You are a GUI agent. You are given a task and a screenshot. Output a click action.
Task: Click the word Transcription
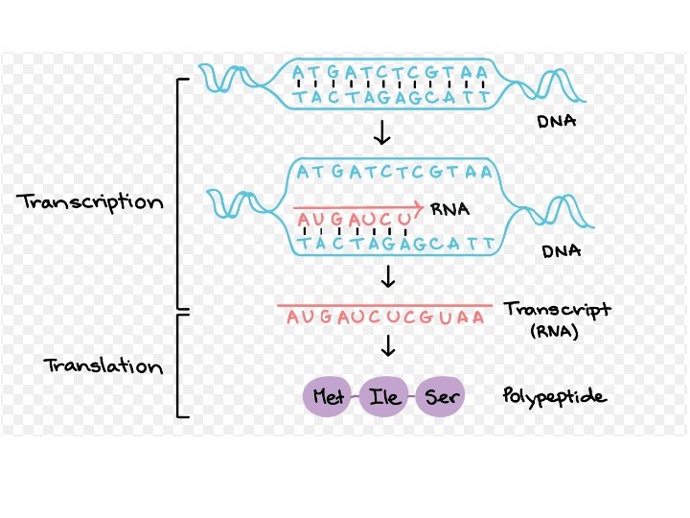coord(90,203)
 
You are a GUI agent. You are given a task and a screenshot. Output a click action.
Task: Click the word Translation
coord(103,366)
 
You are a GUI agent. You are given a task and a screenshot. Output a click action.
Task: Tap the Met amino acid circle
coord(329,397)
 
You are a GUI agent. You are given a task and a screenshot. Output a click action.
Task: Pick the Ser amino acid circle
coord(442,397)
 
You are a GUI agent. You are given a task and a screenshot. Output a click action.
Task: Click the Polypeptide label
coord(554,396)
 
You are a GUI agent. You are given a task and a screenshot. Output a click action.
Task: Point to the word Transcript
coord(557,311)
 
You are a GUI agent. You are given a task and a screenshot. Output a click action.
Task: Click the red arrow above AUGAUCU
coord(358,206)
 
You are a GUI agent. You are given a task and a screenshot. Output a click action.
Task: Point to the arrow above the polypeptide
coord(388,345)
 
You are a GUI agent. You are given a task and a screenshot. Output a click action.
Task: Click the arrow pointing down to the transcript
coord(388,278)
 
